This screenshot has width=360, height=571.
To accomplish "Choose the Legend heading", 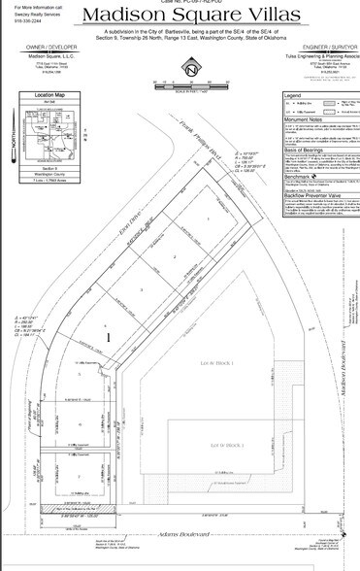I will (292, 96).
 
